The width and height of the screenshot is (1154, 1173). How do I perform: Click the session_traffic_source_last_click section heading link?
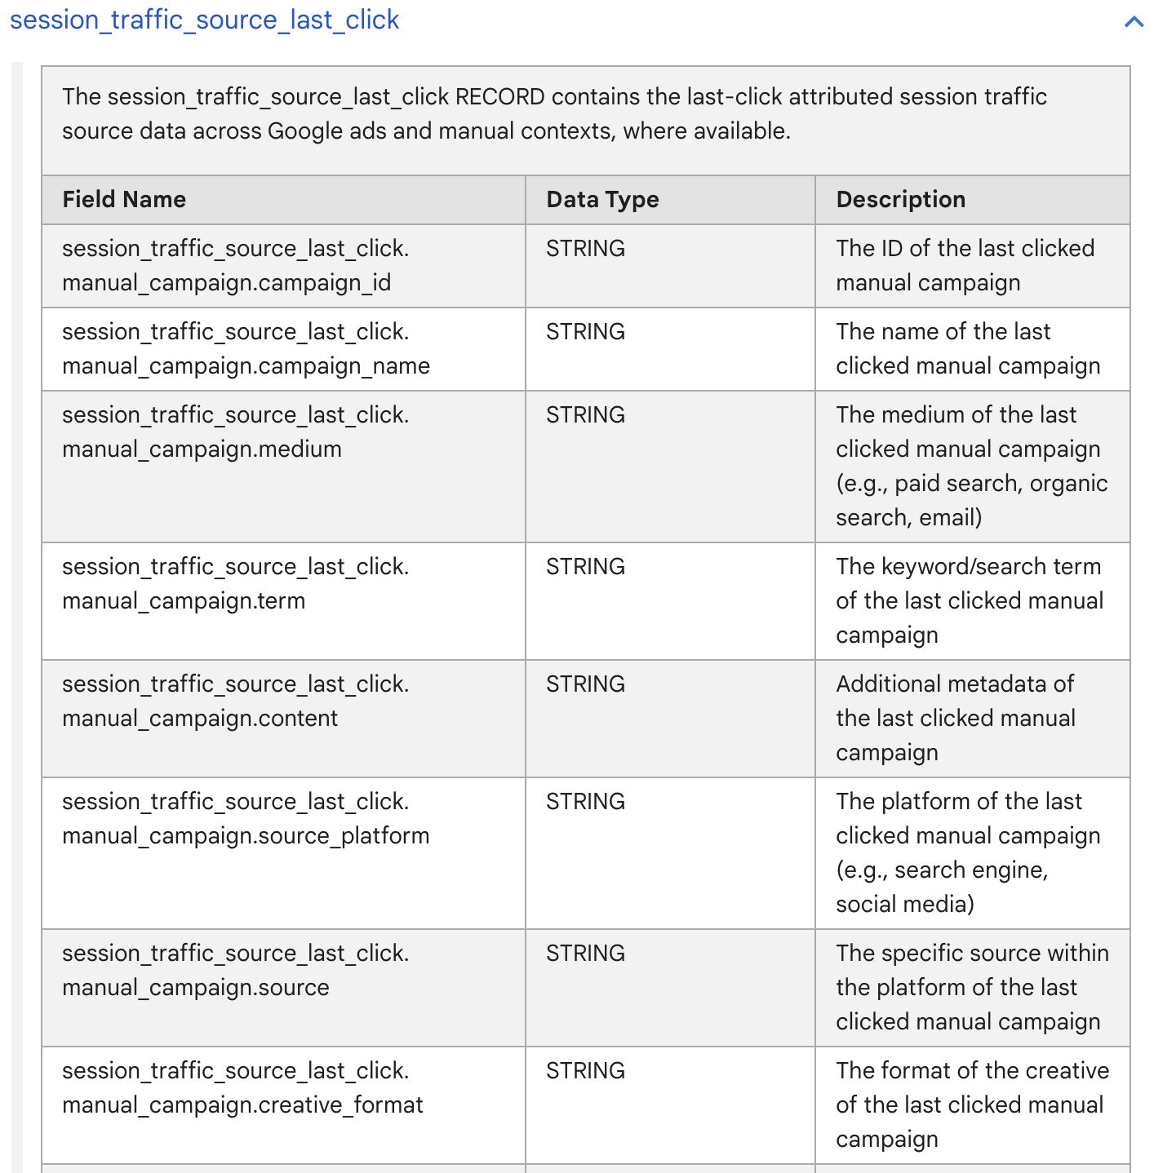[204, 20]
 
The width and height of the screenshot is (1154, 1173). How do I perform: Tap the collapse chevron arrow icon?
[1134, 22]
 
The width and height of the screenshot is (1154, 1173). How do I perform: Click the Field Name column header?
[124, 200]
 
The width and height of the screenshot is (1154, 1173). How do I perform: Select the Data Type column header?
[602, 200]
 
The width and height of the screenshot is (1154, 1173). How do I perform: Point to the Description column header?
[900, 200]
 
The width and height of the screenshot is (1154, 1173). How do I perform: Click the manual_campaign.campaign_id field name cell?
[235, 266]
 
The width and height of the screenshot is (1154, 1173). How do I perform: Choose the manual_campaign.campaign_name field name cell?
[246, 349]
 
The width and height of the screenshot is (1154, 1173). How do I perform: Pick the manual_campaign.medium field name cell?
[235, 432]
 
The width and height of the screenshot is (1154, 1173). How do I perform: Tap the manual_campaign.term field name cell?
[235, 584]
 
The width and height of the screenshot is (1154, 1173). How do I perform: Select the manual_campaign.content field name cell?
[235, 702]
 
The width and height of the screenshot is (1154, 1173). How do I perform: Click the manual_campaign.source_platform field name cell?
[246, 819]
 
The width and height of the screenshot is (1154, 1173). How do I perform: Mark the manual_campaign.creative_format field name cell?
[242, 1088]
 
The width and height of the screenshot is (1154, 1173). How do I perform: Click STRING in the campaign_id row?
[585, 249]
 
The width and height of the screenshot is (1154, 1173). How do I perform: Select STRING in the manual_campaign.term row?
[585, 567]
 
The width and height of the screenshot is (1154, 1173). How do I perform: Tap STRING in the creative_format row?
[585, 1071]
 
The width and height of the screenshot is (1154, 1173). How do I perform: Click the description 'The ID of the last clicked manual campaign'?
[965, 266]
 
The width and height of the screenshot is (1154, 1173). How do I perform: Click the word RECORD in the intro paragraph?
[499, 97]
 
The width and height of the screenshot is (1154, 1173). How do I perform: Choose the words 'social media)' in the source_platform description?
[904, 905]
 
